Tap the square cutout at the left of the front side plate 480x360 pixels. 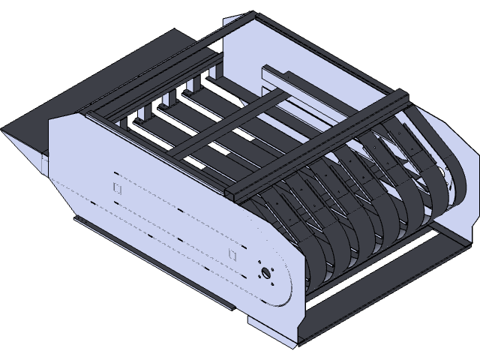tap(116, 187)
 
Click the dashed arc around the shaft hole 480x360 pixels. tap(285, 277)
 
